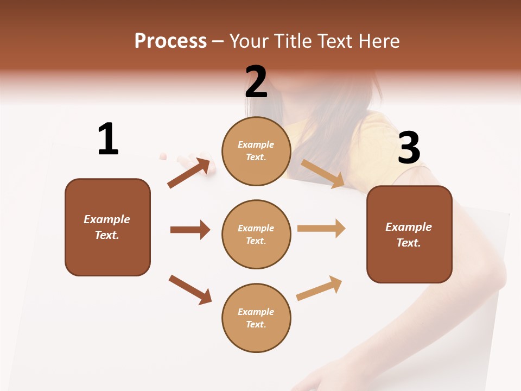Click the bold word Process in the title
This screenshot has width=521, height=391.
170,41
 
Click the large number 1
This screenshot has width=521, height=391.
108,140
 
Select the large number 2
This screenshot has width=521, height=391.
256,82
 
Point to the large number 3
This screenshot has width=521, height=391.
409,148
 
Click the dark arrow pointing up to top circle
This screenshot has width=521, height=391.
189,173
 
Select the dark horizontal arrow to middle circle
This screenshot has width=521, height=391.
190,230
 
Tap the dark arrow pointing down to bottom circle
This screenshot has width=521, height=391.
190,289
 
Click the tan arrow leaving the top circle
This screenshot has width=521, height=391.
323,174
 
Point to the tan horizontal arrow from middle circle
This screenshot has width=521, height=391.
321,229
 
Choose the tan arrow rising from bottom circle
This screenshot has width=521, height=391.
320,288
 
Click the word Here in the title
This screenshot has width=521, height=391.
378,41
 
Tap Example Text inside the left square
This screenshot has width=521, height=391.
107,227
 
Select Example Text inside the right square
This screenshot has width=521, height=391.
409,235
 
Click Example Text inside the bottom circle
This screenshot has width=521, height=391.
256,318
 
